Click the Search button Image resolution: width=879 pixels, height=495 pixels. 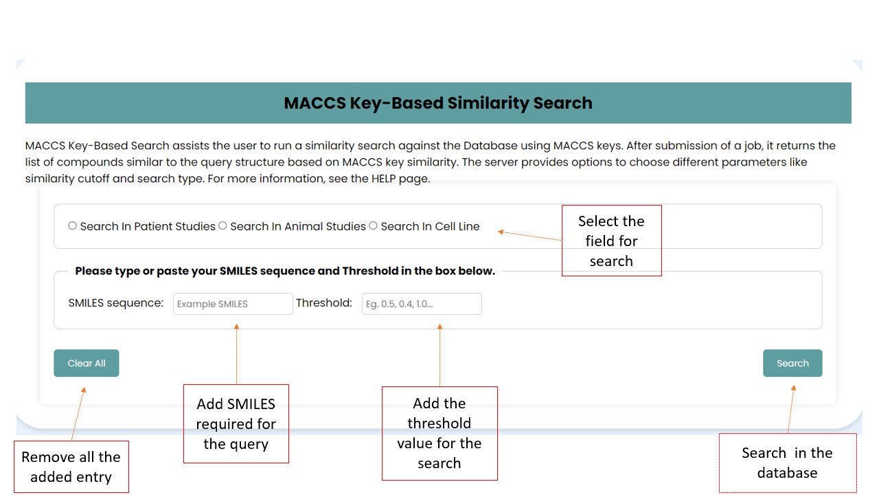792,363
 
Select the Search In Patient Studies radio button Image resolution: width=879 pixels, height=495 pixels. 73,225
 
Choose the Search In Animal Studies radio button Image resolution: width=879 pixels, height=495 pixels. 222,225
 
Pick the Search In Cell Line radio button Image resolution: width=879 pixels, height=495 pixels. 373,225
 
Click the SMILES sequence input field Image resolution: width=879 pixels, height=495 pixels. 233,304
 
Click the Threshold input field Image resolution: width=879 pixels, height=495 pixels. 422,304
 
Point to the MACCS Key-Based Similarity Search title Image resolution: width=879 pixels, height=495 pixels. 438,103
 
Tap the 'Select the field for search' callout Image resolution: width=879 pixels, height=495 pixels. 611,241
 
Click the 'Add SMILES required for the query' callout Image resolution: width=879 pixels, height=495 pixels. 236,423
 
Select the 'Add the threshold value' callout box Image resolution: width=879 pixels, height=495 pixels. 439,433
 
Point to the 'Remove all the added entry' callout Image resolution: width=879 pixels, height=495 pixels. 71,467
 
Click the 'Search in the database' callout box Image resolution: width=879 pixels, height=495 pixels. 787,463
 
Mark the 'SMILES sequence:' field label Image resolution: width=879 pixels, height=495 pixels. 116,302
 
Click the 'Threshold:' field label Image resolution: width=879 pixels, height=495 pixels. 324,302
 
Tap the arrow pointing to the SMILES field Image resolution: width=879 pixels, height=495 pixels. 236,354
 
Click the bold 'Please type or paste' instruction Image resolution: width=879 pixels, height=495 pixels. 285,271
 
